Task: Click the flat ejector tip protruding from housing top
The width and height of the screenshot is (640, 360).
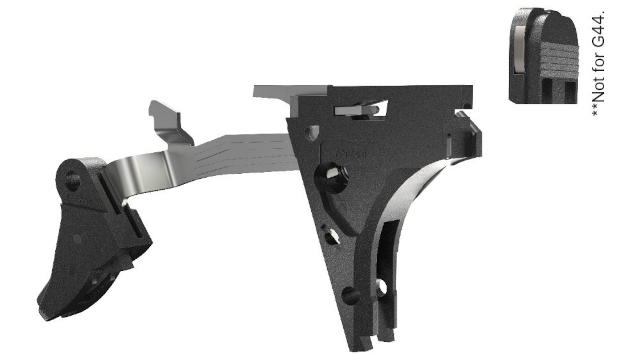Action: pyautogui.click(x=275, y=93)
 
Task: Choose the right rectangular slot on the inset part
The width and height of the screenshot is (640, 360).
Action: pyautogui.click(x=568, y=91)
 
